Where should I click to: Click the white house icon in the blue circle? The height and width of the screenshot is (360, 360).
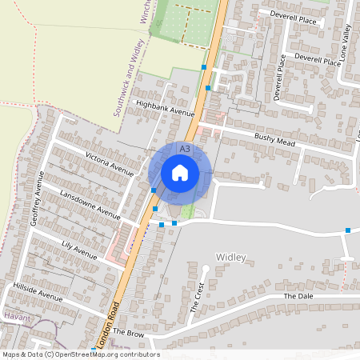[x=180, y=172]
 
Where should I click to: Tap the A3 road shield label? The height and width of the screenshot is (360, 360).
[x=185, y=149]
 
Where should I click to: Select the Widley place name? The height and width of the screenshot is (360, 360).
[x=231, y=257]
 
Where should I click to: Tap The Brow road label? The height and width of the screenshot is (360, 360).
[x=126, y=330]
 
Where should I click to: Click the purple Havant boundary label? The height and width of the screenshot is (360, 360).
[x=16, y=317]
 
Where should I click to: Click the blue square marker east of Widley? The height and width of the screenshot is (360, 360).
[x=348, y=230]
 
